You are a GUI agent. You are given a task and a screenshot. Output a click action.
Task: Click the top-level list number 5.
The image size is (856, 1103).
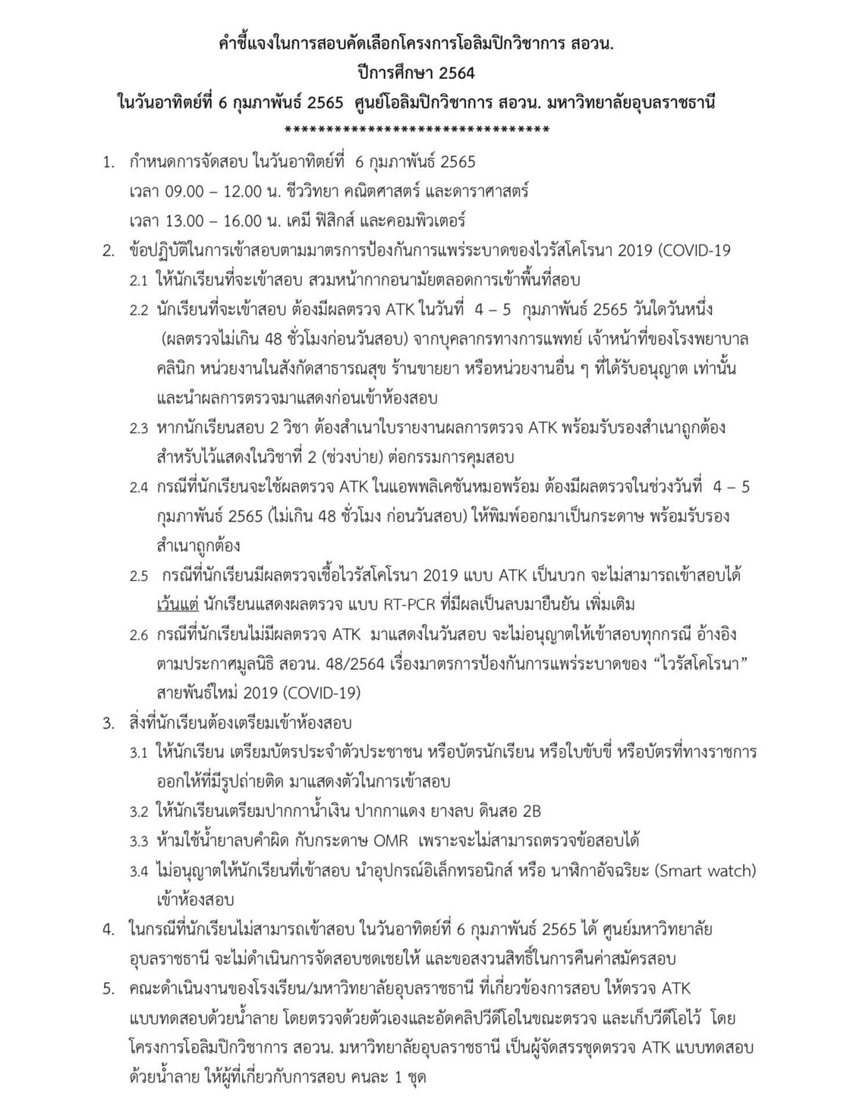[109, 989]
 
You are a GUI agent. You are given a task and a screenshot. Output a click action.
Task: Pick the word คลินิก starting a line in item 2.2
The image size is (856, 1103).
[176, 369]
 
